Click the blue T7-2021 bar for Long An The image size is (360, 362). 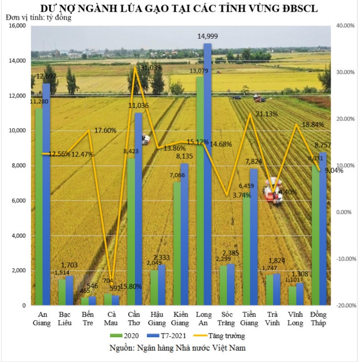pyautogui.click(x=207, y=173)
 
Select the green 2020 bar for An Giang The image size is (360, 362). pyautogui.click(x=39, y=207)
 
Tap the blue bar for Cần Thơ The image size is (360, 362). pyautogui.click(x=138, y=207)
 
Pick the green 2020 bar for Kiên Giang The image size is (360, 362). pyautogui.click(x=177, y=242)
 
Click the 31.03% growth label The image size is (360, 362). pyautogui.click(x=151, y=68)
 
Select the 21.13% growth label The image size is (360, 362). pyautogui.click(x=267, y=114)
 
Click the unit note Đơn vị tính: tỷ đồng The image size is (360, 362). pyautogui.click(x=38, y=18)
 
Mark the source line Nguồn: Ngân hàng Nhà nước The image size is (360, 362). pyautogui.click(x=177, y=347)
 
